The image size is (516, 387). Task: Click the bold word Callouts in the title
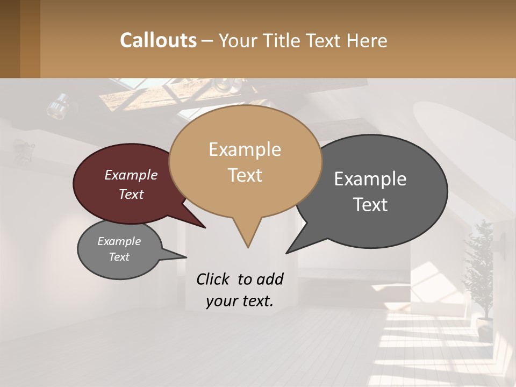pyautogui.click(x=158, y=40)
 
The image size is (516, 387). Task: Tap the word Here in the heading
pyautogui.click(x=367, y=41)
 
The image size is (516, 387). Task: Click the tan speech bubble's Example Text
pyautogui.click(x=245, y=162)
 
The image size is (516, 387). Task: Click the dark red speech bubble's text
pyautogui.click(x=131, y=184)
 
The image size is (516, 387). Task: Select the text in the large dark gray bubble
pyautogui.click(x=370, y=191)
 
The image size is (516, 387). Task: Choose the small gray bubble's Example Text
pyautogui.click(x=119, y=249)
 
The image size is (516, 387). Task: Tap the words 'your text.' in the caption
pyautogui.click(x=240, y=301)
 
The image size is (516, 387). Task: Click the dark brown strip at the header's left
pyautogui.click(x=20, y=39)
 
